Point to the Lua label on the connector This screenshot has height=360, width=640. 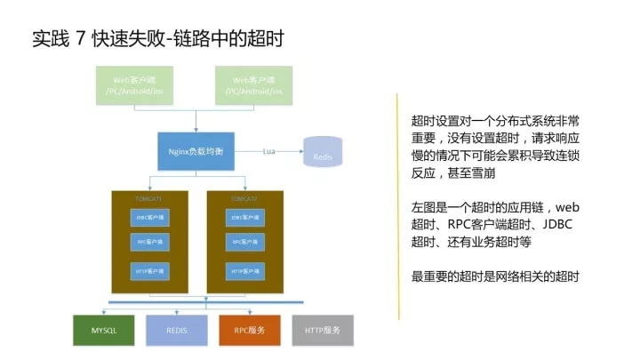tap(268, 152)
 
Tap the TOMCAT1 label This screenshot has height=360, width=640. tap(148, 198)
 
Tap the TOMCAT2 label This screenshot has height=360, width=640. tap(244, 198)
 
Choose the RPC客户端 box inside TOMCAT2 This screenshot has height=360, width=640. tap(244, 242)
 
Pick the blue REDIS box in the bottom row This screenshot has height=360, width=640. tap(176, 331)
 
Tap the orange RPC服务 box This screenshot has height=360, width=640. tap(249, 331)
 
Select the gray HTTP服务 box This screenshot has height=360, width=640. tap(322, 331)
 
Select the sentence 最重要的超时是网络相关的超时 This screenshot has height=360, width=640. tap(495, 277)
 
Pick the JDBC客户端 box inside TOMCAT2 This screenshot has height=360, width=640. tap(244, 218)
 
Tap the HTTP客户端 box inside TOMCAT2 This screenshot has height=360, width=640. tap(244, 270)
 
